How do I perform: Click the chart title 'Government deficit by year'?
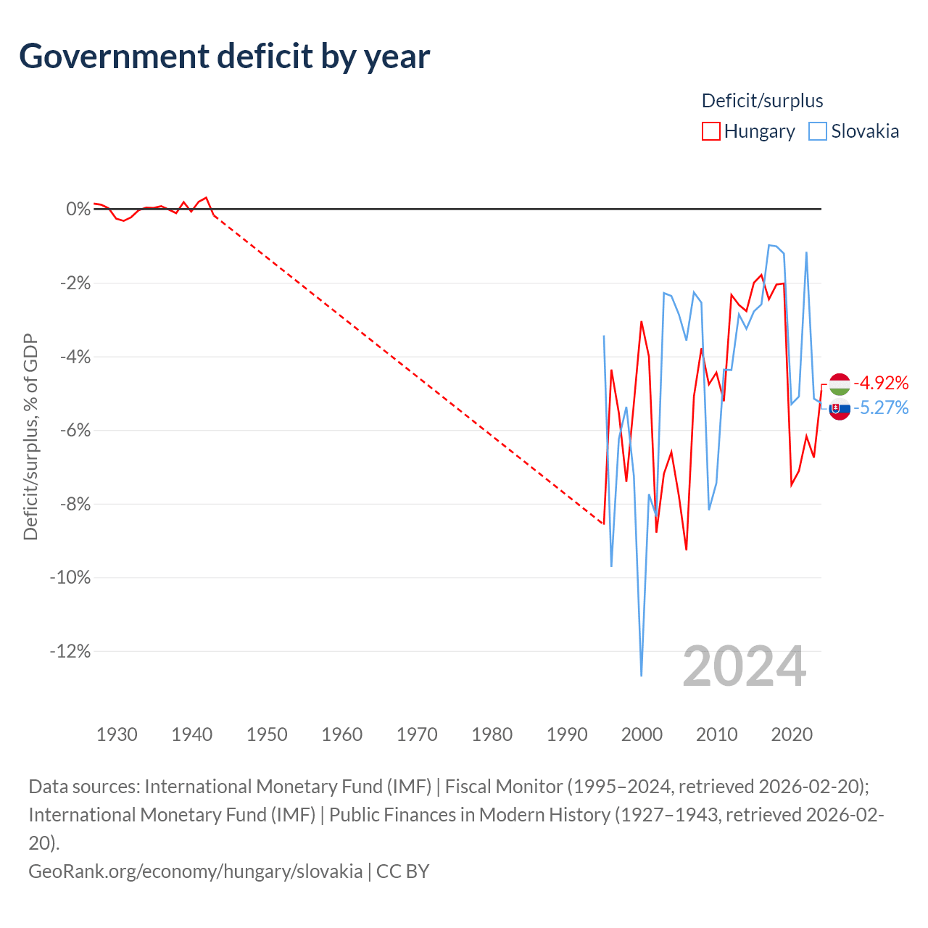[x=224, y=57]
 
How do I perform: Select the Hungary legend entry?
[x=748, y=131]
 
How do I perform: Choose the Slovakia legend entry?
[x=853, y=131]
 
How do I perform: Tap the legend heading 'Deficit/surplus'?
[x=762, y=101]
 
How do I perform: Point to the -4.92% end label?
[x=881, y=383]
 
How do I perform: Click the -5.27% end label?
[x=881, y=408]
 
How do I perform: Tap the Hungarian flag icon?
[x=840, y=384]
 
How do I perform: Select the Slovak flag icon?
[x=840, y=409]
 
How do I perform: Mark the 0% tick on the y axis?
[x=78, y=209]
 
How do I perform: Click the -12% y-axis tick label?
[x=70, y=651]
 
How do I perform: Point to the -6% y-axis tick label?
[x=75, y=430]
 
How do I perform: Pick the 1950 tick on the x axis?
[x=267, y=734]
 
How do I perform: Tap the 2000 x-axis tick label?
[x=642, y=734]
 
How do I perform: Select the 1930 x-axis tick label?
[x=117, y=734]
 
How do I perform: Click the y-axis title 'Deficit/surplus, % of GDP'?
[x=31, y=436]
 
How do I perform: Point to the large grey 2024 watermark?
[x=744, y=667]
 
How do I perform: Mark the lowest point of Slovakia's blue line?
[x=642, y=676]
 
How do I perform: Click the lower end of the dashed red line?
[x=604, y=524]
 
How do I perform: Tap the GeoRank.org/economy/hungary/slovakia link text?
[x=196, y=871]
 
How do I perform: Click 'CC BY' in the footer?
[x=402, y=871]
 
